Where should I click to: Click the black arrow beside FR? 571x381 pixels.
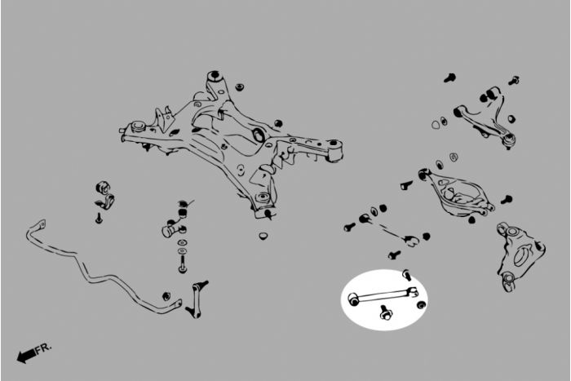(26, 356)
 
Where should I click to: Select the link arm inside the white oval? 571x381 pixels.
(383, 295)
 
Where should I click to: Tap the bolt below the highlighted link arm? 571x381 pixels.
(384, 312)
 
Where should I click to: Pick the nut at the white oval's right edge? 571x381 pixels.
(422, 304)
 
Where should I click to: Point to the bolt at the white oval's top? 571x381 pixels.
(407, 275)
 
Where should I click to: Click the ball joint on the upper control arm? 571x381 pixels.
(509, 140)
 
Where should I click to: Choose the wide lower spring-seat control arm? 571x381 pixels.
(457, 193)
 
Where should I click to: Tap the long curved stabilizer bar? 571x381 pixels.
(95, 269)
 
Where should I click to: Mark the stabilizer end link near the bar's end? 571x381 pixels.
(196, 299)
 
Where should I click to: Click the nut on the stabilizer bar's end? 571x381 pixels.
(166, 296)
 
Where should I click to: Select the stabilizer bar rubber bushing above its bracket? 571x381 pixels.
(103, 187)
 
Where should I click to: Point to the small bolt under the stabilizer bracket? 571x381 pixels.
(99, 218)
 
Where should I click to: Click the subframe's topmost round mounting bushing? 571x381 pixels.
(215, 78)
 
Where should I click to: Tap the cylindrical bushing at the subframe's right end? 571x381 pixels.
(334, 150)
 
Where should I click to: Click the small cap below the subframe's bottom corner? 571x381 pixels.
(264, 235)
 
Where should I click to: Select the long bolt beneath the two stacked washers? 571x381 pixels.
(183, 264)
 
